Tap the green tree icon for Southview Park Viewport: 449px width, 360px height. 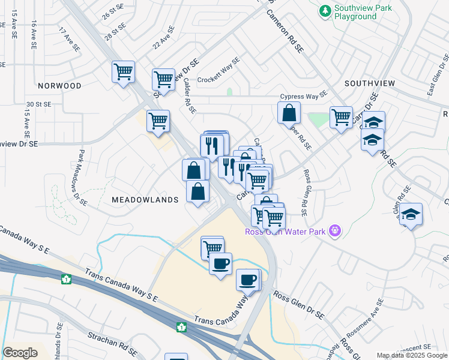pos(325,10)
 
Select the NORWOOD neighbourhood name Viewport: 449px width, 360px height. pos(58,86)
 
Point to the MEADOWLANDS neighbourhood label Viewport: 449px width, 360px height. pos(145,199)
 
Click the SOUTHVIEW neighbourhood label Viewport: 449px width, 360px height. pos(369,83)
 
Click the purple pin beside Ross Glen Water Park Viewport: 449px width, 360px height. pos(335,230)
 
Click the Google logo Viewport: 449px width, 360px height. pos(20,353)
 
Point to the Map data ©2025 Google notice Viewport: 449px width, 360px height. pos(412,356)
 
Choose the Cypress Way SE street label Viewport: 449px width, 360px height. pos(303,96)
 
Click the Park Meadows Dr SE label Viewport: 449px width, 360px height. pos(83,179)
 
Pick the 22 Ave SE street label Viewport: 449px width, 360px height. pos(163,37)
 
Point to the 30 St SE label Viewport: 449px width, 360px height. pos(37,104)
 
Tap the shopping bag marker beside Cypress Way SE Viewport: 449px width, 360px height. pos(289,112)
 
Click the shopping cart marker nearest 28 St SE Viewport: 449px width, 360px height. pos(123,72)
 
